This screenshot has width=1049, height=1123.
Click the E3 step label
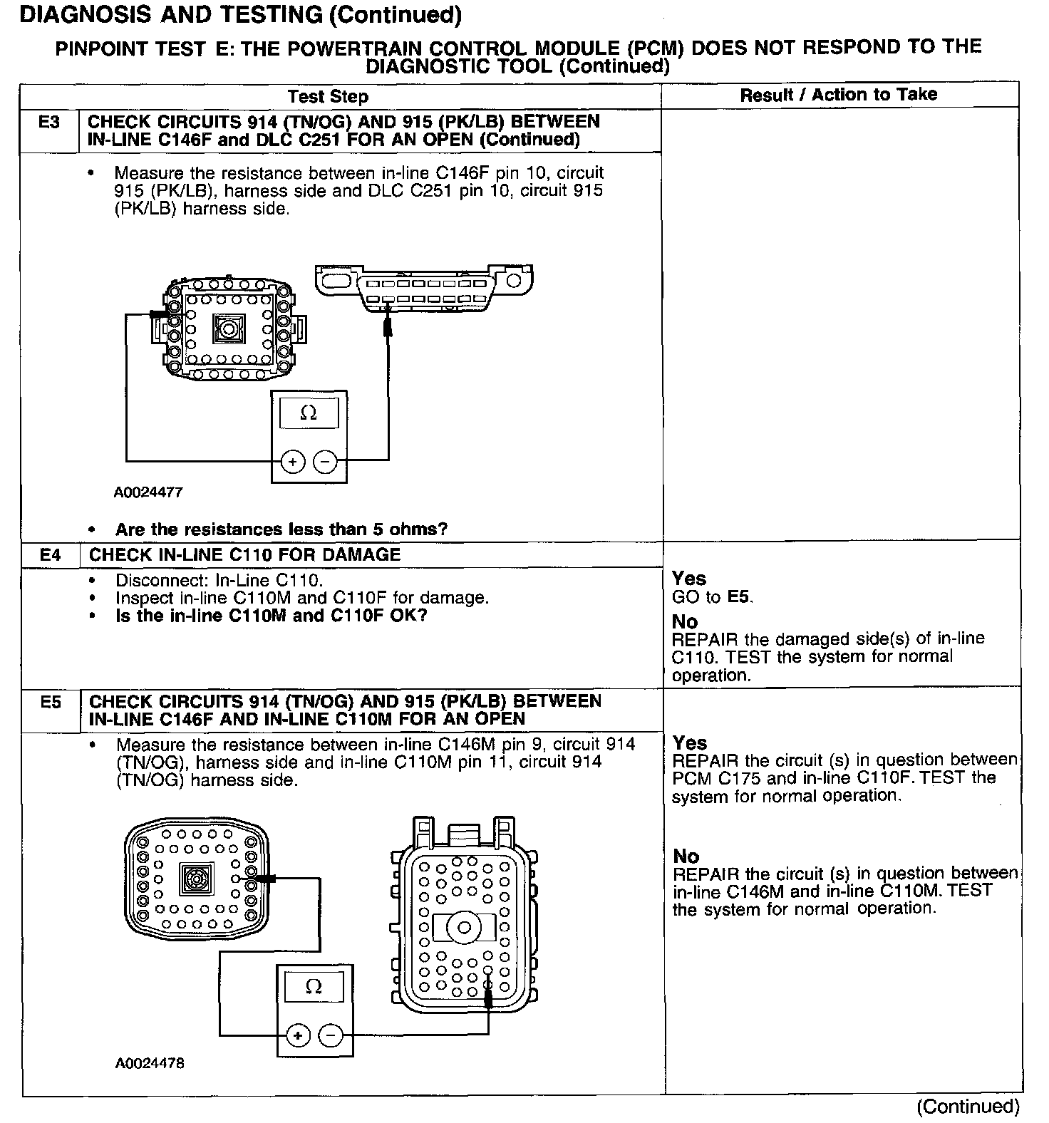[x=48, y=123]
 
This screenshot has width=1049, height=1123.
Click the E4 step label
[x=50, y=554]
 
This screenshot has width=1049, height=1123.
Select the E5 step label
[x=51, y=703]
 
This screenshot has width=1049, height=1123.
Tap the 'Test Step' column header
[x=328, y=97]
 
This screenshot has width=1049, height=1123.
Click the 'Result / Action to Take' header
[x=838, y=95]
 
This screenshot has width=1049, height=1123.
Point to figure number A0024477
[x=148, y=492]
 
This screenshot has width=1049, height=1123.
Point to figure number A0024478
[x=150, y=1063]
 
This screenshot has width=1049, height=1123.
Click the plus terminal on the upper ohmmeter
[x=292, y=462]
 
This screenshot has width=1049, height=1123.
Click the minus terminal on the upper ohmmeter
[x=325, y=462]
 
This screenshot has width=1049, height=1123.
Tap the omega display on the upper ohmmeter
[x=309, y=413]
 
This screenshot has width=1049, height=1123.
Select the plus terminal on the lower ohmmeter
[x=298, y=1035]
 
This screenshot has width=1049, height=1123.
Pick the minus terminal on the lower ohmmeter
[x=330, y=1035]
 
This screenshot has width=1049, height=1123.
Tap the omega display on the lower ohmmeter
[x=314, y=987]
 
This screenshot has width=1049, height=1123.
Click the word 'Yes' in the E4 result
[x=689, y=579]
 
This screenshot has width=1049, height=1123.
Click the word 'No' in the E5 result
[x=686, y=856]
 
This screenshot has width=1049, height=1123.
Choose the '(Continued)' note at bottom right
[x=968, y=1107]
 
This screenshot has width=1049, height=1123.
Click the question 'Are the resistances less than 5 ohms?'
[x=281, y=529]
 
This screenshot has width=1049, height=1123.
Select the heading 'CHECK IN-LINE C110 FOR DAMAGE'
[x=244, y=554]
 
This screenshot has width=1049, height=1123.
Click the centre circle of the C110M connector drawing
[x=464, y=928]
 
